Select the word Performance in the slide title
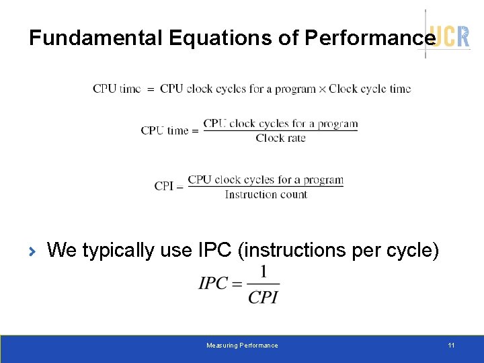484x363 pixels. point(369,38)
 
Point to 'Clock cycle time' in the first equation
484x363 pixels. point(369,89)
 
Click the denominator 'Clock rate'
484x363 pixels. point(280,138)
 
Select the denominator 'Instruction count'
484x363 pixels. point(266,195)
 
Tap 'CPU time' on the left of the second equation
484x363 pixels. point(165,130)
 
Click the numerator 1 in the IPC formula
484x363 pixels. point(264,272)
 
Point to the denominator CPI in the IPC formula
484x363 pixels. point(264,296)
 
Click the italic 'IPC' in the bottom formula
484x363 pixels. point(213,284)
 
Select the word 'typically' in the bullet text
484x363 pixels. point(118,251)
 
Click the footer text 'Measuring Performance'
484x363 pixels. point(242,346)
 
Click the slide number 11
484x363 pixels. point(451,346)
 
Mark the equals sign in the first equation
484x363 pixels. point(151,89)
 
